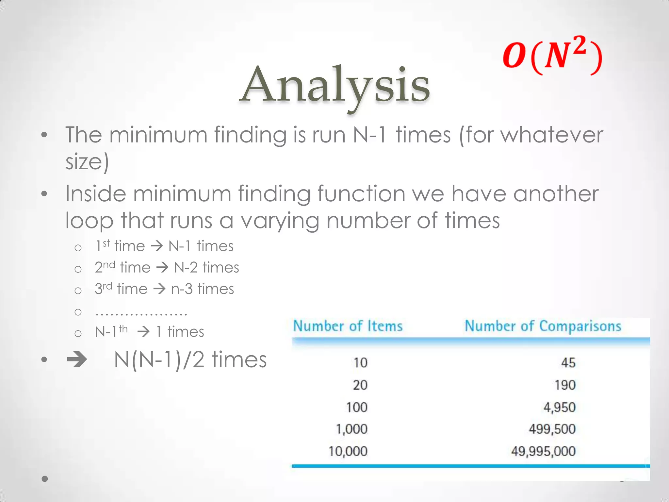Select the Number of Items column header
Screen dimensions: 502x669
tap(348, 326)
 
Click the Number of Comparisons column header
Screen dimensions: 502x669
tap(543, 326)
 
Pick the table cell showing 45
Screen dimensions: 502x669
tap(568, 363)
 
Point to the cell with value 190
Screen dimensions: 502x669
tap(565, 385)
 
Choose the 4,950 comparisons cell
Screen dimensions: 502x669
tap(559, 408)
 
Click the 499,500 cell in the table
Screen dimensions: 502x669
tap(552, 429)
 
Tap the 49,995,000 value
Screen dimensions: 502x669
tap(543, 451)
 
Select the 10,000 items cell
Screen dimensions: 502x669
tap(348, 451)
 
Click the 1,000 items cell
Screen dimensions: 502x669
tap(352, 429)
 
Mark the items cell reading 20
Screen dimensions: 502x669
tap(360, 385)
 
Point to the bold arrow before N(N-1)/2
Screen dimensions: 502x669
tap(77, 360)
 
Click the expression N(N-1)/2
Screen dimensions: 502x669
tap(159, 360)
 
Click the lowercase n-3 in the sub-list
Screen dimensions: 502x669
tap(182, 289)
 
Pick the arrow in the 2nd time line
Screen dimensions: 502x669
tap(162, 268)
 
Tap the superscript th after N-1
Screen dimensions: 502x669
tap(123, 329)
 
